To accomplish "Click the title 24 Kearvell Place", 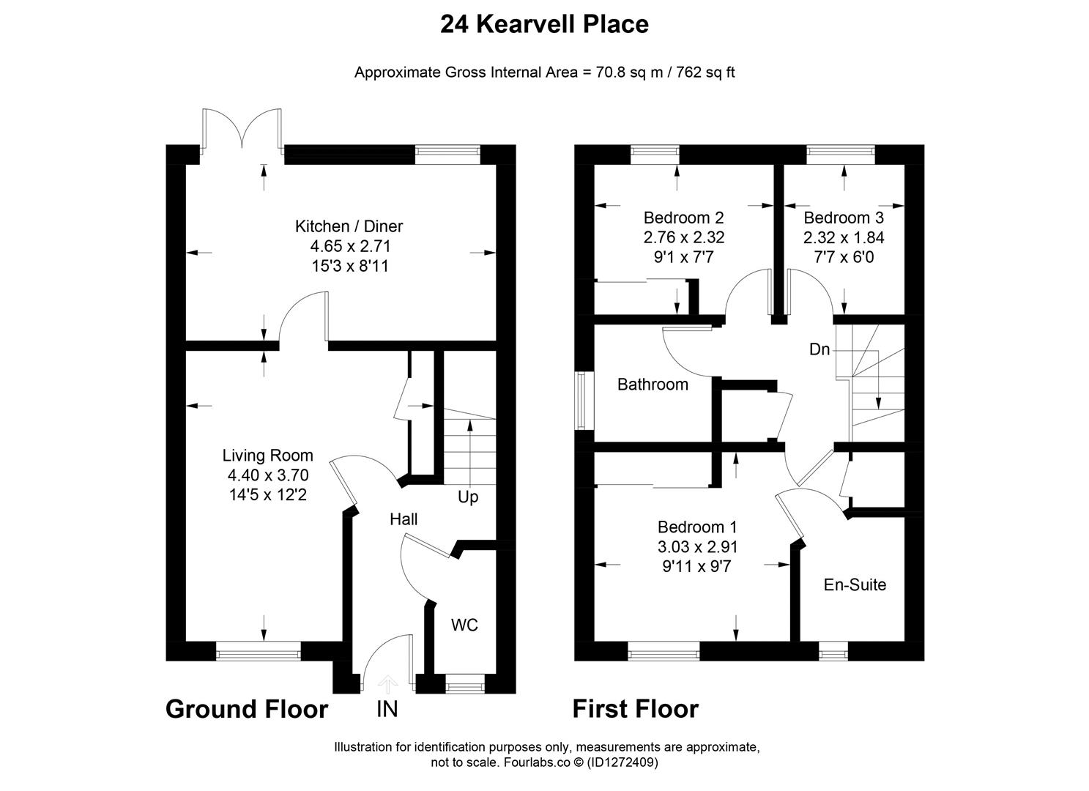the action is (x=545, y=24).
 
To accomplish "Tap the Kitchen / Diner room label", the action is (x=349, y=226).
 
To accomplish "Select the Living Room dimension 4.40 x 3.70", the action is (x=268, y=475).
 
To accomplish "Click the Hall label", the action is (x=404, y=519).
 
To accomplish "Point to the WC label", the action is (x=464, y=625).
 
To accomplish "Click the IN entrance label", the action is (x=387, y=709).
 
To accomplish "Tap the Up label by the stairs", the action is (x=468, y=497).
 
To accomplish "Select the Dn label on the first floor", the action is (x=819, y=349).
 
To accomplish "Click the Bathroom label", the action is (x=653, y=385).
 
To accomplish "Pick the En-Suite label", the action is (x=855, y=584).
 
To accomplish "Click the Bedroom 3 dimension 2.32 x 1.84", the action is (x=844, y=237).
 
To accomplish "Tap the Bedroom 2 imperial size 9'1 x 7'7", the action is (x=683, y=256).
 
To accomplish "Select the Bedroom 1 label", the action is (x=697, y=527).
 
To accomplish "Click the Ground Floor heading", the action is (x=247, y=709).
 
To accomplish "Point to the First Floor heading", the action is (x=636, y=709).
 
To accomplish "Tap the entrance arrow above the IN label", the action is (x=387, y=685).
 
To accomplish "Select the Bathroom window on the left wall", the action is (x=580, y=401).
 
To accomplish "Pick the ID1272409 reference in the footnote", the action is (x=622, y=762).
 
